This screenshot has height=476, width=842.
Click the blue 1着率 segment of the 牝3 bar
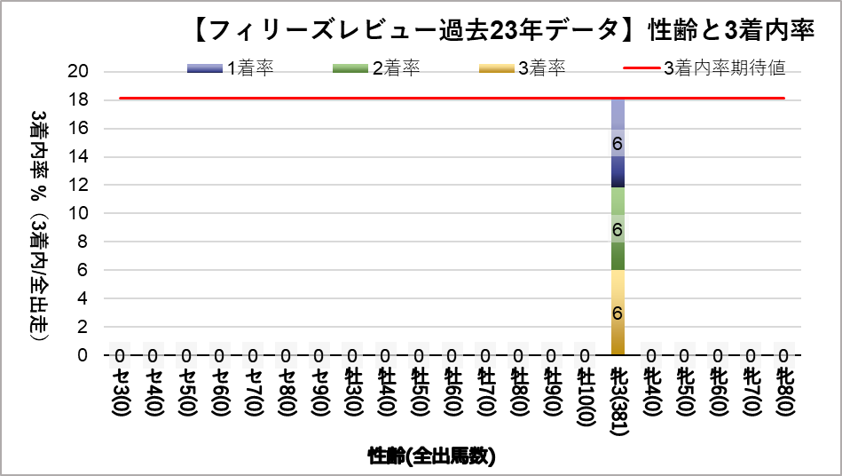tap(618, 142)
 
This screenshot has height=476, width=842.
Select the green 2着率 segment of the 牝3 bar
tap(618, 228)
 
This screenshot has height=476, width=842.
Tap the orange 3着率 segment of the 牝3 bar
tap(618, 313)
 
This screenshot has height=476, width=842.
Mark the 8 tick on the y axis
tap(81, 242)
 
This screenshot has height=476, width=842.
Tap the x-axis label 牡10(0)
tap(585, 394)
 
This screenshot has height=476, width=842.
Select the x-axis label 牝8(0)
tap(784, 391)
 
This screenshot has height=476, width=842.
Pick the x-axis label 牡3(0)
tap(351, 391)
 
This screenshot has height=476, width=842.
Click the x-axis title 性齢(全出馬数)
tap(431, 456)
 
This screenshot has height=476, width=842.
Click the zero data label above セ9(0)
tap(319, 356)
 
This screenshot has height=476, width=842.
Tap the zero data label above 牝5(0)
tap(684, 356)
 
